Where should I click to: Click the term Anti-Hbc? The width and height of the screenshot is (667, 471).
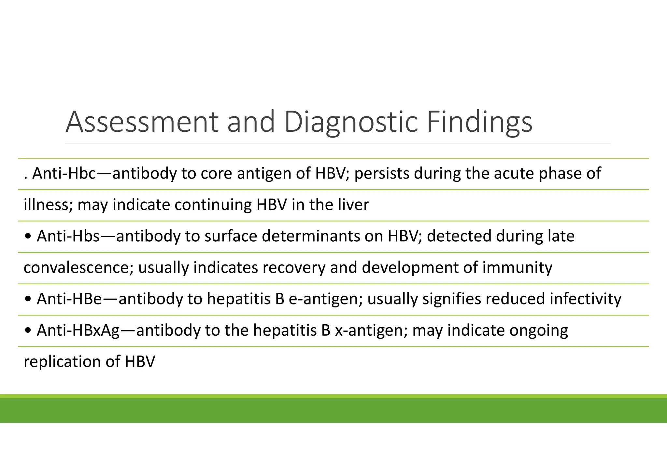64,173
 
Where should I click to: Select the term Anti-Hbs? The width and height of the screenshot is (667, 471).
68,236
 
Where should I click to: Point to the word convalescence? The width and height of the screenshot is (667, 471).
78,268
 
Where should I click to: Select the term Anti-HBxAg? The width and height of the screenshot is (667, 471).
78,330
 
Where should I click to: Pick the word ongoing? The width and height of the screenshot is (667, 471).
539,330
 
